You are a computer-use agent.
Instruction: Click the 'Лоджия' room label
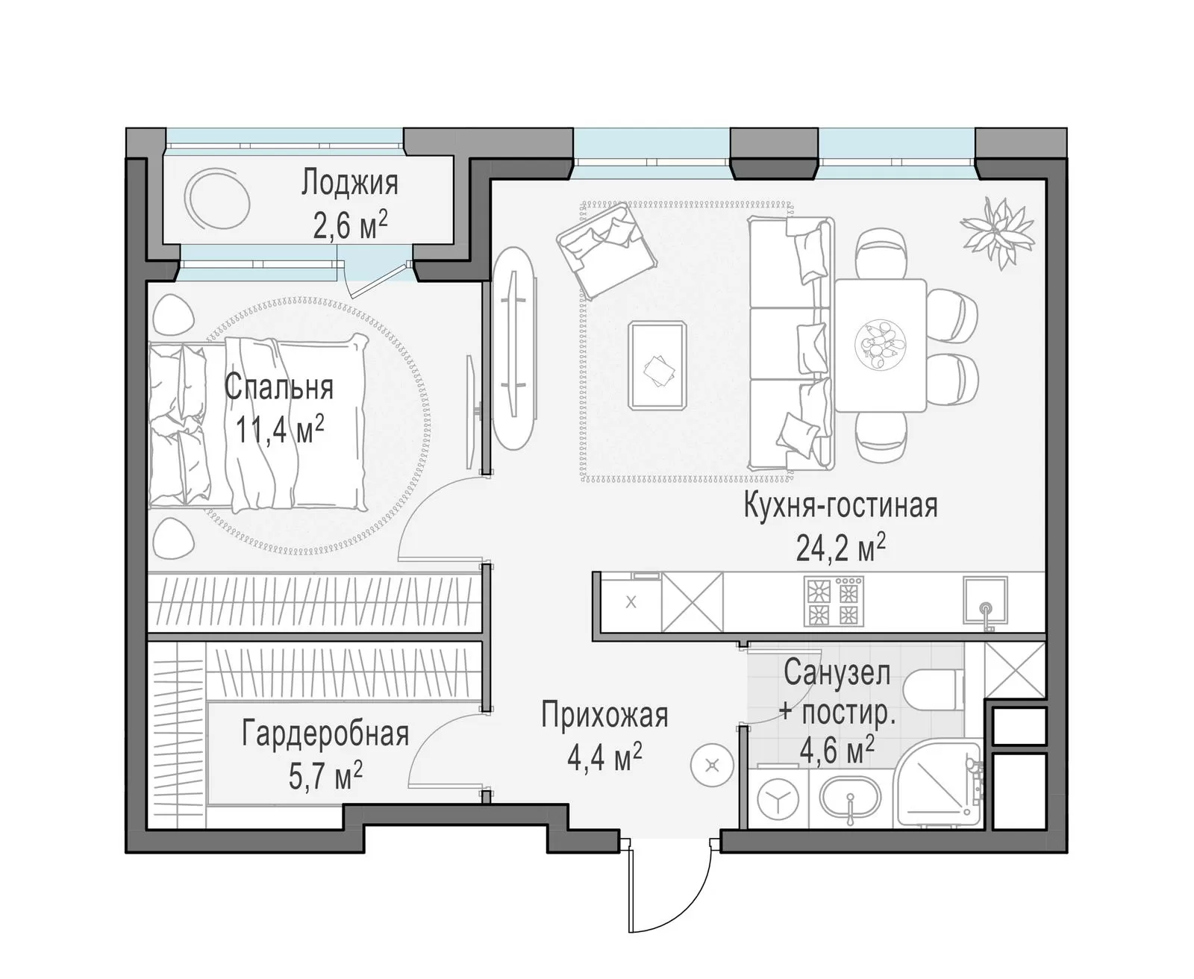(349, 184)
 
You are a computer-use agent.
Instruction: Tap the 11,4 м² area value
(280, 428)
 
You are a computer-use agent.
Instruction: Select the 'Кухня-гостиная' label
(841, 505)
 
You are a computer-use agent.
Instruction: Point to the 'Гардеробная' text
(325, 734)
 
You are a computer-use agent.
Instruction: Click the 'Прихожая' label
(604, 715)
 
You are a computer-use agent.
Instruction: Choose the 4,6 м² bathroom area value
(837, 750)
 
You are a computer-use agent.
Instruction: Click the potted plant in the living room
(998, 232)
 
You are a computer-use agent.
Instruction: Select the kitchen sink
(986, 601)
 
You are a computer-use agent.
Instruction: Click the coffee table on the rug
(658, 365)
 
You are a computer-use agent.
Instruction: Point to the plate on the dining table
(881, 345)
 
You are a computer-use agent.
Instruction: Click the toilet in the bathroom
(933, 689)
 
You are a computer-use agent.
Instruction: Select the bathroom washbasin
(850, 800)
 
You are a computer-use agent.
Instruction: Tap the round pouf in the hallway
(712, 766)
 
